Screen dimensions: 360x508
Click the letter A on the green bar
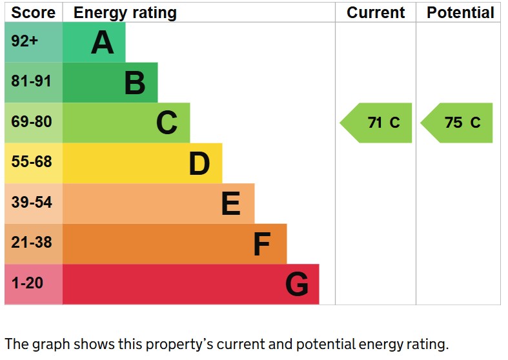point(103,43)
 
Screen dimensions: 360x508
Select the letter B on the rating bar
point(134,83)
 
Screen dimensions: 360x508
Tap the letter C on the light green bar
point(167,123)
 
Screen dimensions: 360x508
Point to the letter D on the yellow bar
point(199,164)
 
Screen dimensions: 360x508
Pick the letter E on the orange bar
point(230,204)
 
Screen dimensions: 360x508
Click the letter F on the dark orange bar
point(261,245)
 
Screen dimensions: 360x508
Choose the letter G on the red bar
point(297,285)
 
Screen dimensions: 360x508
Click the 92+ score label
point(25,42)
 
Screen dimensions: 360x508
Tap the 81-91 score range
point(31,82)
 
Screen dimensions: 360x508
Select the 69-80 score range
point(31,122)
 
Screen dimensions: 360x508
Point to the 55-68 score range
point(31,162)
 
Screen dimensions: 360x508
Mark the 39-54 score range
point(31,203)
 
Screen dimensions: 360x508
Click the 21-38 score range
point(31,243)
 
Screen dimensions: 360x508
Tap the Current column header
point(376,12)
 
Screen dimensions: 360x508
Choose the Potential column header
point(460,12)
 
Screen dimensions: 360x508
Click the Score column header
point(34,12)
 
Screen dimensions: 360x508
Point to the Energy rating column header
point(125,12)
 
